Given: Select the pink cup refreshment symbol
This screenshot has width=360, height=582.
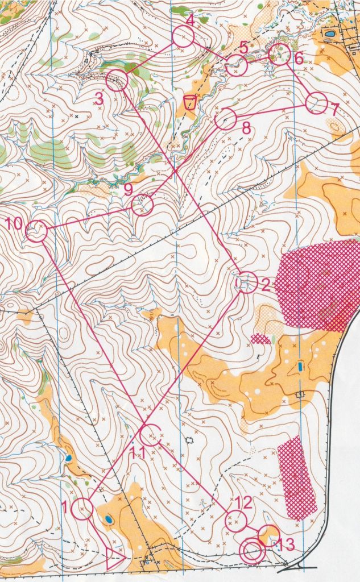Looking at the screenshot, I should (x=190, y=103).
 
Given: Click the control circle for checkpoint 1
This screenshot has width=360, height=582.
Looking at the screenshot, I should (x=83, y=509).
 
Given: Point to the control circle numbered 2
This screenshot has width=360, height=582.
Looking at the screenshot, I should (x=246, y=282).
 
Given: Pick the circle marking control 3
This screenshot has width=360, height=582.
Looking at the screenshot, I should (x=117, y=80).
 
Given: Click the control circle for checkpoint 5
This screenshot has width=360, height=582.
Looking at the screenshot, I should (x=236, y=66).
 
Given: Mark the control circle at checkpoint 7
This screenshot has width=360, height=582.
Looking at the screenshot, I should (x=316, y=104).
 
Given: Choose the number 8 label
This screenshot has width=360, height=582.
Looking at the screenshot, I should (x=246, y=128).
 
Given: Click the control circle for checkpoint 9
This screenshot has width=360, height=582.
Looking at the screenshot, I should (x=142, y=205).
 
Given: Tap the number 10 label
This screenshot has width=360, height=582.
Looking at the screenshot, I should (x=15, y=223).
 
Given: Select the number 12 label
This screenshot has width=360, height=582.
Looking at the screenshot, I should (x=243, y=502).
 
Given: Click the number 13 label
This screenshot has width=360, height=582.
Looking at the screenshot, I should (x=287, y=544).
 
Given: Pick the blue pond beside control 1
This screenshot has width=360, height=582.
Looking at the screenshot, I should (x=108, y=519).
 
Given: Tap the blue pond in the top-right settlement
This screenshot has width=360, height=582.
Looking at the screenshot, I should (x=330, y=34).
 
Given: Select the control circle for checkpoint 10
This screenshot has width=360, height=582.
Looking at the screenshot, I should (x=37, y=231).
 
